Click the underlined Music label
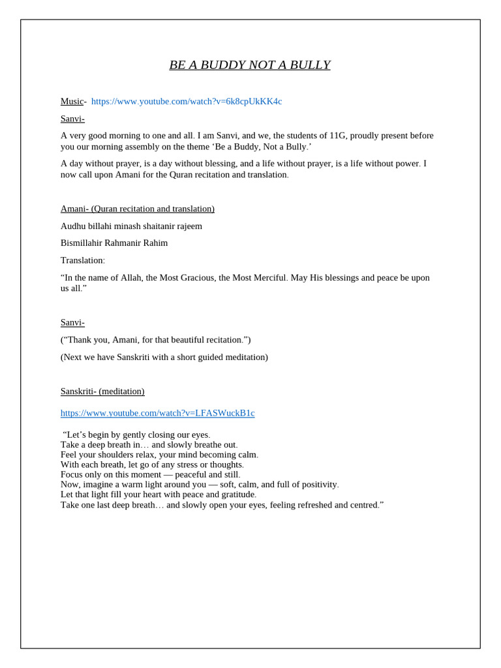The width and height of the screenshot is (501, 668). point(72,101)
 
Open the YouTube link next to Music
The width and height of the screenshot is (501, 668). point(187,101)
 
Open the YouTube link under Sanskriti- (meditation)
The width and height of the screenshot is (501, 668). point(157,413)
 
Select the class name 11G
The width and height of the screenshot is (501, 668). point(337,136)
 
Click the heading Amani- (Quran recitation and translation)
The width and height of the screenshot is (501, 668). point(137,209)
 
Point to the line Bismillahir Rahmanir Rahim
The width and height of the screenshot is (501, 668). point(114,243)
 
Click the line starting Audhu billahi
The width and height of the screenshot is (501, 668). point(131,226)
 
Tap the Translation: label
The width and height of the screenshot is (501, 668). point(82,260)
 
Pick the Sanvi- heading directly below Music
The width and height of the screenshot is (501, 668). point(72,119)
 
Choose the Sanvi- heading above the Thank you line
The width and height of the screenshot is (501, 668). point(72,322)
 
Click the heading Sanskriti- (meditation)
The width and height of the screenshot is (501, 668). point(102,391)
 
